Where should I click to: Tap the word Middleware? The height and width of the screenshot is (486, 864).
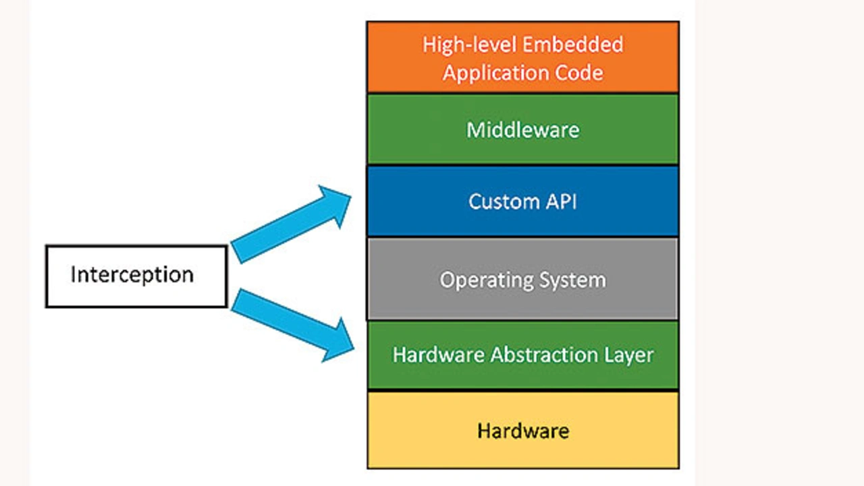pos(522,129)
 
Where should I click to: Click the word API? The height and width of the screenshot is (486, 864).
pos(562,202)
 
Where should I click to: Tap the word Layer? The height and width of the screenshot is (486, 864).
pos(628,355)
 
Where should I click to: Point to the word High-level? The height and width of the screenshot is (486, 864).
pos(467,45)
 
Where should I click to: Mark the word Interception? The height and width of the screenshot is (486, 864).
pos(132,275)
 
